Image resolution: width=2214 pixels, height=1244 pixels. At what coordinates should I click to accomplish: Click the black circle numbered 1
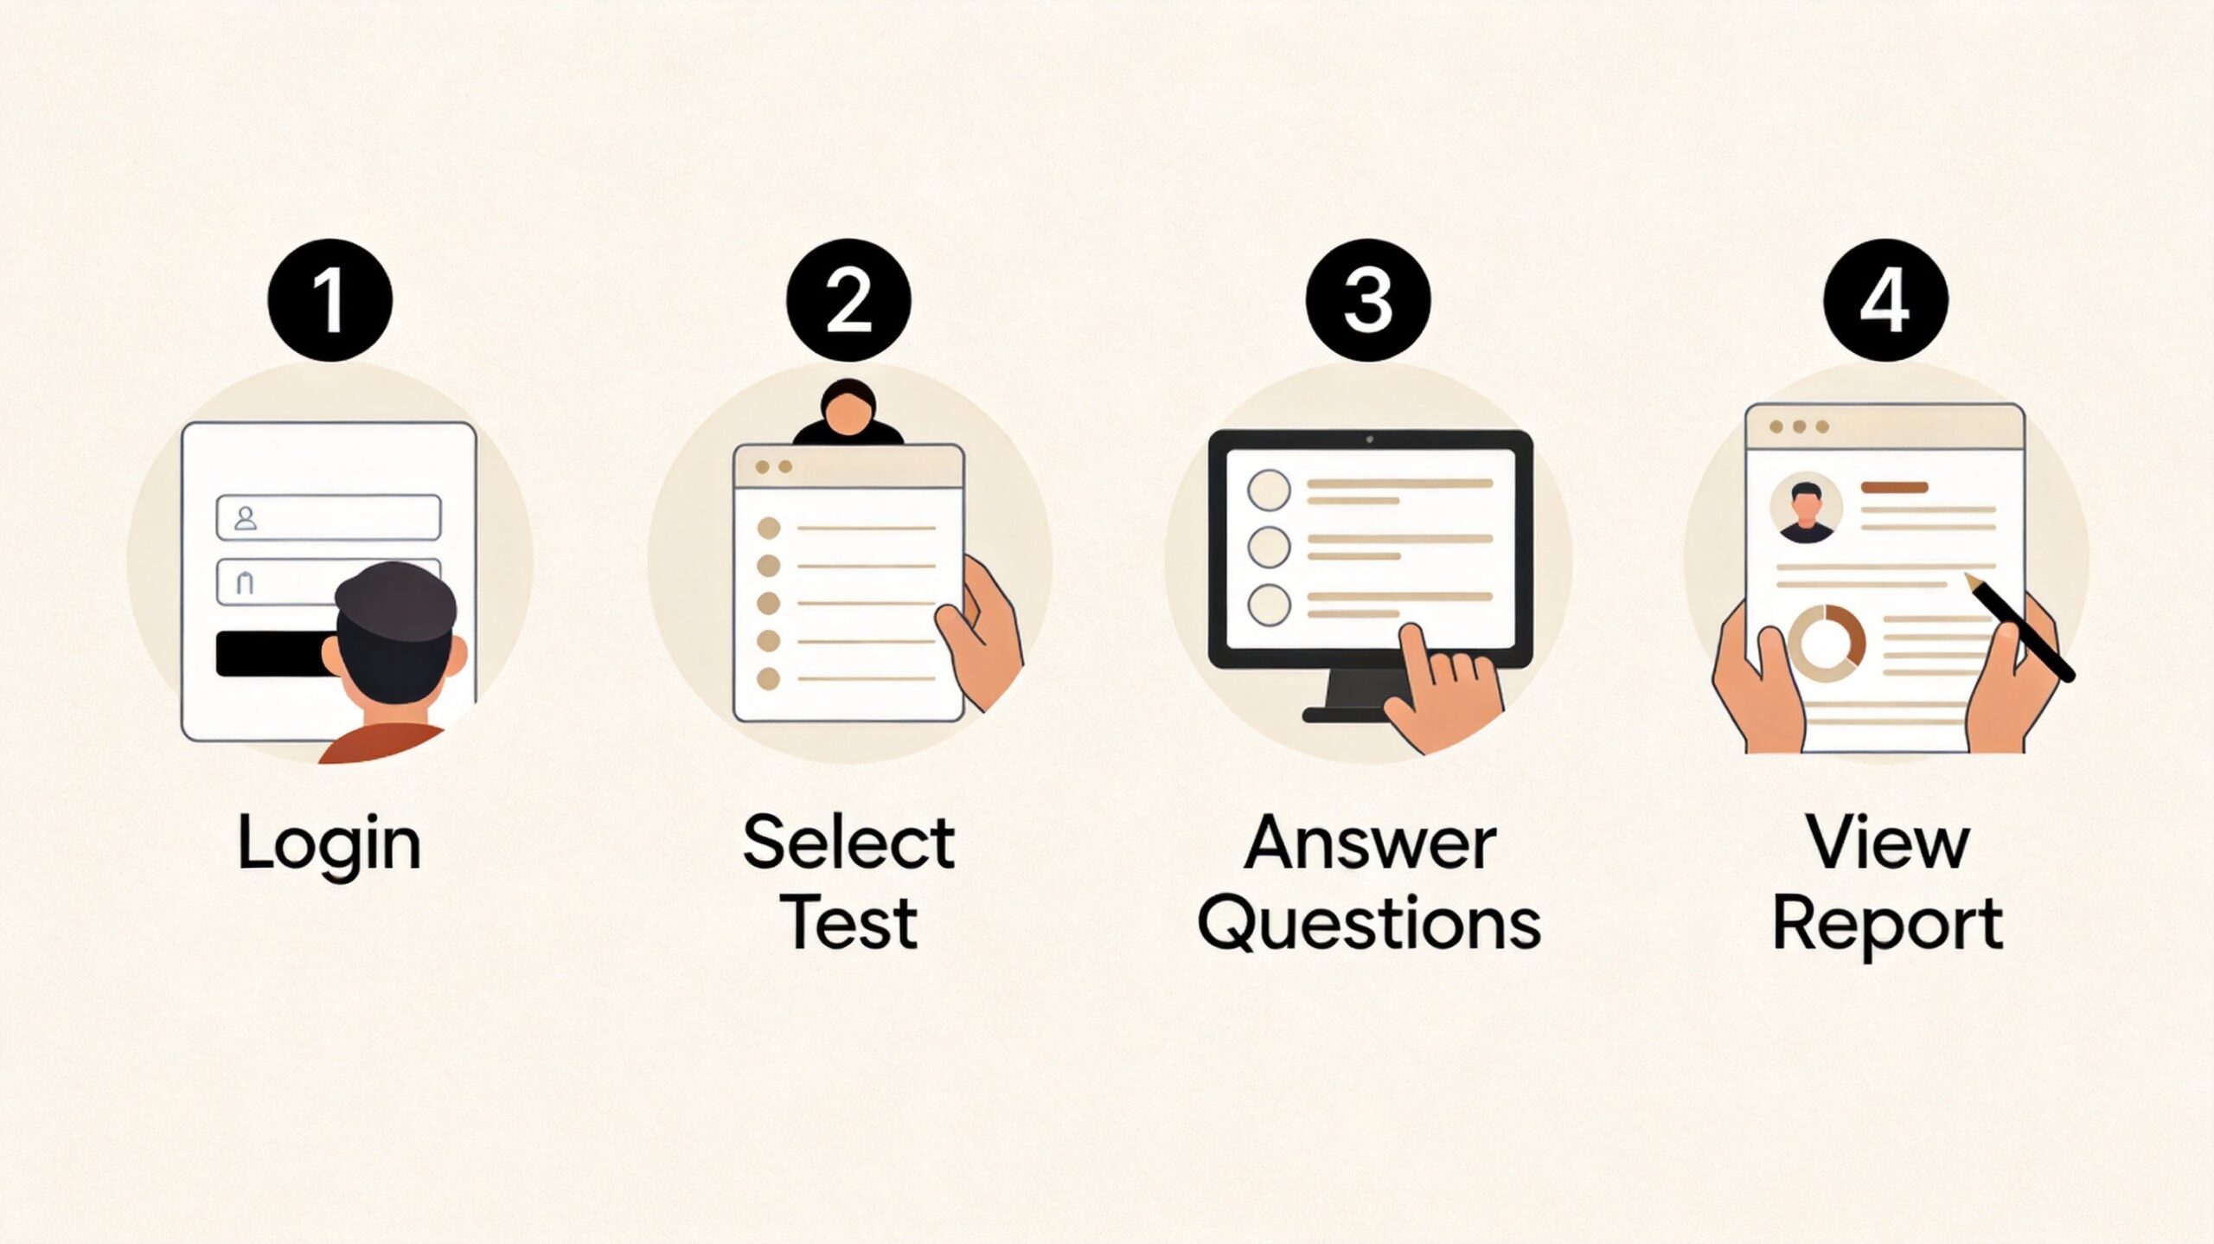(330, 300)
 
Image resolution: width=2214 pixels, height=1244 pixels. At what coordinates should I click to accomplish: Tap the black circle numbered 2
(848, 300)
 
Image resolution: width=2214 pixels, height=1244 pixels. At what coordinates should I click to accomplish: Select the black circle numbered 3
(1367, 300)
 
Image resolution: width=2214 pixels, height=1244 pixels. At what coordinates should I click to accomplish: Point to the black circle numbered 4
(1886, 300)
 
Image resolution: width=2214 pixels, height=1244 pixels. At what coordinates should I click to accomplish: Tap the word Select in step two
(848, 842)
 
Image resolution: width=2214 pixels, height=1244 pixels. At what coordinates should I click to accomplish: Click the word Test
(848, 922)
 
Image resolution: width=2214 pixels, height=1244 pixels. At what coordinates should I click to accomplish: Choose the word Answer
(1369, 843)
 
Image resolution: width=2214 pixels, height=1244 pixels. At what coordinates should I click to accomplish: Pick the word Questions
(1369, 924)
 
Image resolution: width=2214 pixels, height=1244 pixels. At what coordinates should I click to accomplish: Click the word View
(1889, 843)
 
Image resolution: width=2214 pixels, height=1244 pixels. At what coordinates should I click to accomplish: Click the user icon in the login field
(246, 518)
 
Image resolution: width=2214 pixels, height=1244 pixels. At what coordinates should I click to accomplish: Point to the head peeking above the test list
(848, 413)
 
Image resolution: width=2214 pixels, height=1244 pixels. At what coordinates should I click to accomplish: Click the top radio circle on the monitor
(1269, 491)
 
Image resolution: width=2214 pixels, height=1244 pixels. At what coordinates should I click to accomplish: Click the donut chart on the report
(1826, 644)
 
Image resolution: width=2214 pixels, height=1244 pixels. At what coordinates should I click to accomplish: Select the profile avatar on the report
(1806, 510)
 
